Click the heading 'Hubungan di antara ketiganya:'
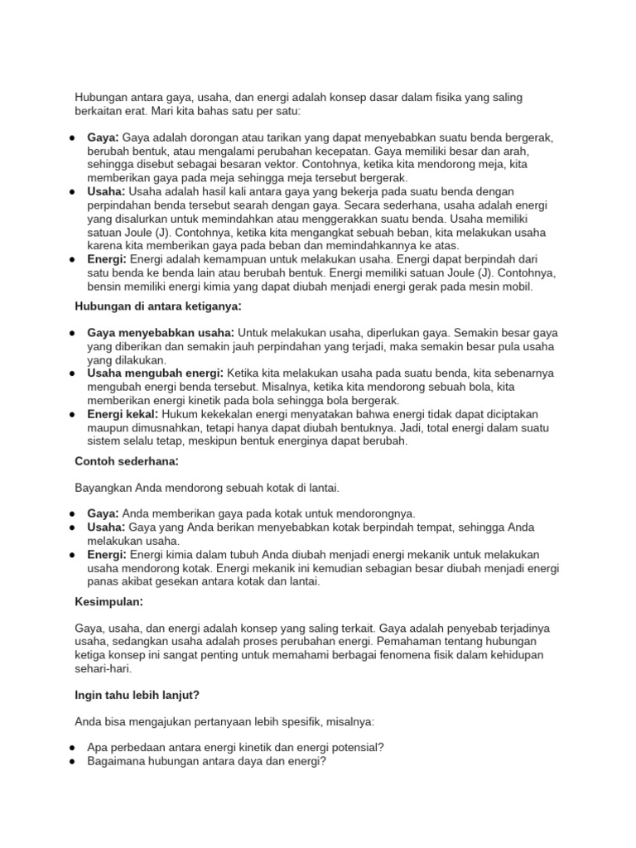tap(158, 308)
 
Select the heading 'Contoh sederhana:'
tap(128, 461)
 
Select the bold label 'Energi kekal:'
tap(123, 414)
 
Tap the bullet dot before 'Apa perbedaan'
tap(73, 746)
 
